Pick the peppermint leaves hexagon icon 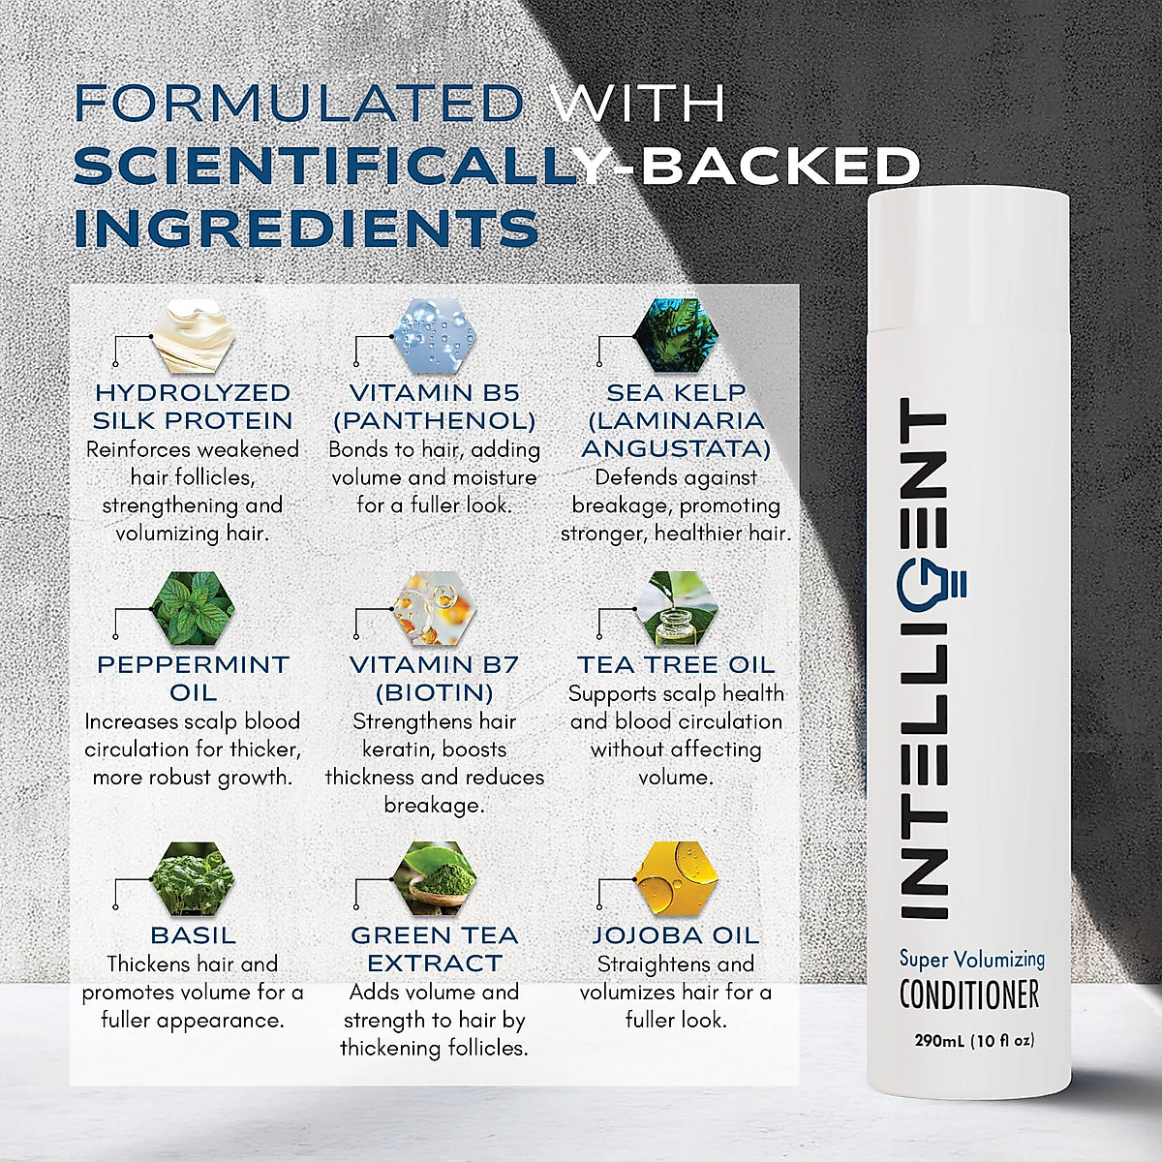pos(194,608)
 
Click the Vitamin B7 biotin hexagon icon pos(436,608)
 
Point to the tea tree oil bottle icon pos(678,608)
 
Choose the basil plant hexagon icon pos(194,879)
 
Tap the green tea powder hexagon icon pos(436,879)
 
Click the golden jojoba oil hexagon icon pos(678,879)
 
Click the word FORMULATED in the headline pos(298,104)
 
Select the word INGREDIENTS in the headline pos(306,228)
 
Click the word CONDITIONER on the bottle pos(968,994)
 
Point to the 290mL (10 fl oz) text pos(974,1041)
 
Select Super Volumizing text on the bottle pos(971,959)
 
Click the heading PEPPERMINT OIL pos(193,678)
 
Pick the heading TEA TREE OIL pos(676,665)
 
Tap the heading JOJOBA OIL pos(675,935)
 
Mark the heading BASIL pos(193,935)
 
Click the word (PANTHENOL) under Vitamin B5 pos(434,421)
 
